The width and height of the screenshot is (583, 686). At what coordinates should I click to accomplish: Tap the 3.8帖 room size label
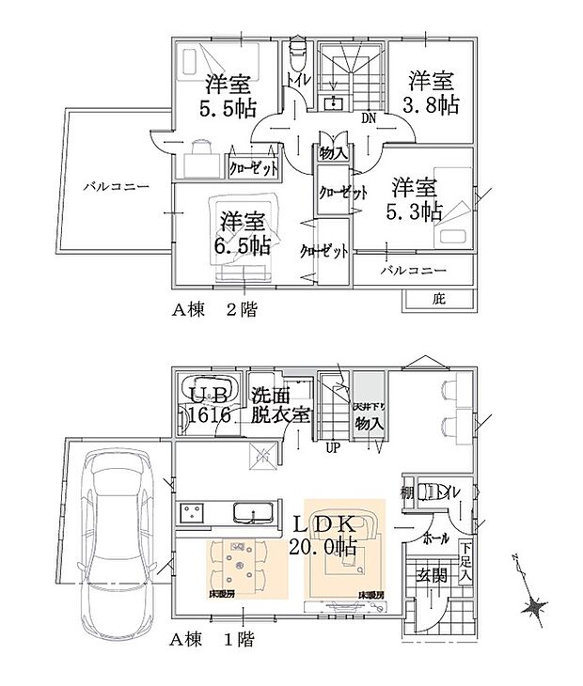click(433, 94)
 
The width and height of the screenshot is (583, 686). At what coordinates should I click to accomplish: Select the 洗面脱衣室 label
click(278, 404)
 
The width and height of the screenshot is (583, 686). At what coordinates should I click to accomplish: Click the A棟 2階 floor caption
click(213, 306)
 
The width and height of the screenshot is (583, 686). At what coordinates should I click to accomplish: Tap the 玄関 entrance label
click(433, 574)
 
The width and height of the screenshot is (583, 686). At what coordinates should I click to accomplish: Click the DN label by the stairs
click(370, 118)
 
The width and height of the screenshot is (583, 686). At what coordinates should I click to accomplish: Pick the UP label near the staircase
click(332, 447)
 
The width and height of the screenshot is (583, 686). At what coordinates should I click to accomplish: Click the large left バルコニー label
click(115, 187)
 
